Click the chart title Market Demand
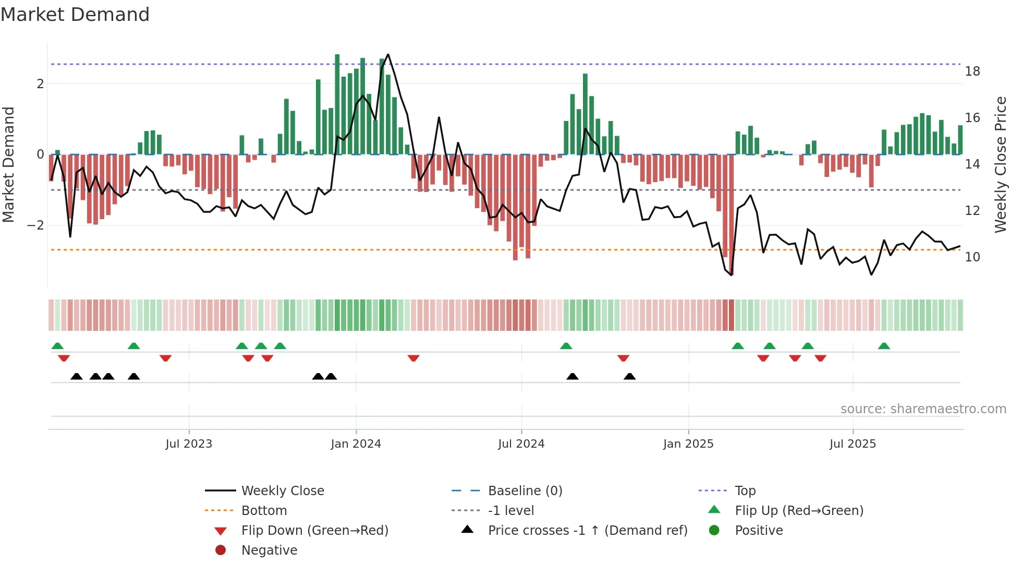(x=75, y=15)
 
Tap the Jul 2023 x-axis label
(x=189, y=444)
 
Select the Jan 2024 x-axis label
(x=356, y=444)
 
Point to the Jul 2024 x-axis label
(x=521, y=444)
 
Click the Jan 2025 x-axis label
(x=688, y=444)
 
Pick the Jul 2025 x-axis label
(x=853, y=444)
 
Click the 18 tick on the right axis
(x=972, y=71)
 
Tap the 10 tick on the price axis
(x=972, y=257)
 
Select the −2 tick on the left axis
(x=36, y=225)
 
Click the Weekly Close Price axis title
(x=1000, y=165)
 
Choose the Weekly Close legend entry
(x=283, y=491)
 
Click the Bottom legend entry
(x=264, y=511)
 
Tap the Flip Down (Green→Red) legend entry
(x=314, y=531)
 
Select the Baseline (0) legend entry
(x=525, y=491)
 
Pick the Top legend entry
(x=745, y=491)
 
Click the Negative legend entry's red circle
(x=221, y=550)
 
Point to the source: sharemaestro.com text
(x=923, y=409)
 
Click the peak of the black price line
(x=388, y=54)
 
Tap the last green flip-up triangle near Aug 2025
(x=884, y=346)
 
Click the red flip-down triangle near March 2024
(x=413, y=358)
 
